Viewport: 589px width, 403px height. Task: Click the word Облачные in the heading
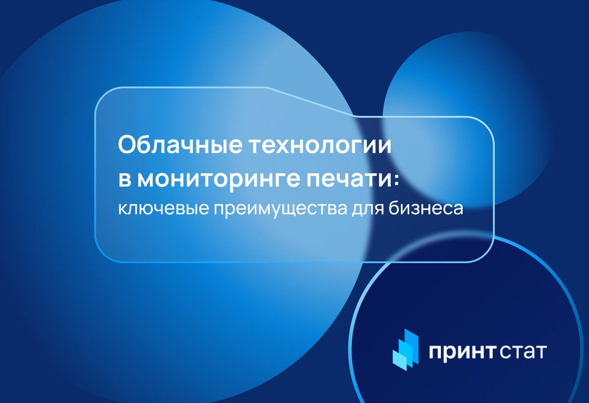[x=180, y=145]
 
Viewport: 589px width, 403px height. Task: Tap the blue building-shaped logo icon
[x=405, y=350]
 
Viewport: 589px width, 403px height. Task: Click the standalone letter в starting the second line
[x=125, y=180]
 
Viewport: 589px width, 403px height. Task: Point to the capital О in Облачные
[x=127, y=144]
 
